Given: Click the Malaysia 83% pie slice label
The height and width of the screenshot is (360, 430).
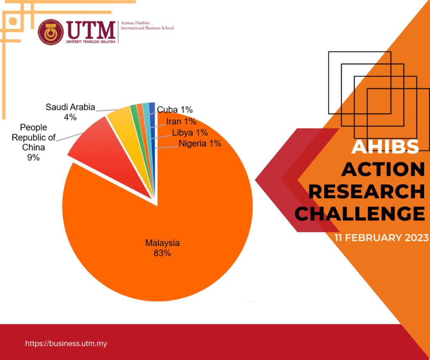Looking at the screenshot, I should pyautogui.click(x=163, y=248).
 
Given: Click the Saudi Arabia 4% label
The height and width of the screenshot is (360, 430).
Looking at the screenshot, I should pyautogui.click(x=70, y=112).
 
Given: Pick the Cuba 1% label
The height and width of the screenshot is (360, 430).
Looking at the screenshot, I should pyautogui.click(x=175, y=110).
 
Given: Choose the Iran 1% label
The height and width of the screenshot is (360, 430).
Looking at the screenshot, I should pyautogui.click(x=181, y=122).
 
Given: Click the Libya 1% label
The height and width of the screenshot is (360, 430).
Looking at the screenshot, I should pyautogui.click(x=190, y=133).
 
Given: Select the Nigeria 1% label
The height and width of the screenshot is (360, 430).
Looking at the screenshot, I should pyautogui.click(x=200, y=144).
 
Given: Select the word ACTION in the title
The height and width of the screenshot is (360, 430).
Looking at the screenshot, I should pyautogui.click(x=383, y=169).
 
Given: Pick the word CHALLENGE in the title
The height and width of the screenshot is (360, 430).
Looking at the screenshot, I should pyautogui.click(x=359, y=214).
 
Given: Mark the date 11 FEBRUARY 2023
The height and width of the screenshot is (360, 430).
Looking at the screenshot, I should pyautogui.click(x=381, y=238).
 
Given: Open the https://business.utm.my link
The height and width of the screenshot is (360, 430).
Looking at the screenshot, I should pyautogui.click(x=66, y=344).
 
